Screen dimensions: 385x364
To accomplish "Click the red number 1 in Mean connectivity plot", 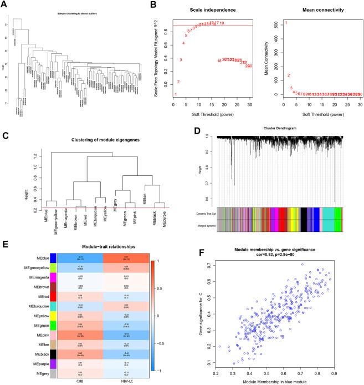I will [x=286, y=23].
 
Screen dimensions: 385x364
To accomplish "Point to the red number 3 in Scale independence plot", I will [x=181, y=60].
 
